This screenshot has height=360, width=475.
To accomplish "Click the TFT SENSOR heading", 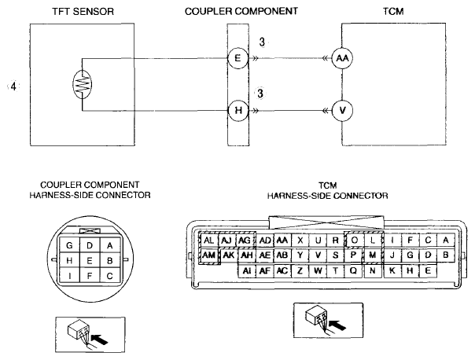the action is click(x=83, y=12).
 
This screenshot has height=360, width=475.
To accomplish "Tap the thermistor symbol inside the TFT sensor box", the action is click(x=82, y=84).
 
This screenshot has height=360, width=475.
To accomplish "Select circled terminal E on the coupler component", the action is click(x=237, y=58).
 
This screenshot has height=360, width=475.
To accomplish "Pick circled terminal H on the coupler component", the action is click(x=238, y=110).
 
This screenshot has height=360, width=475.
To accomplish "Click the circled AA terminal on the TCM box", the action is click(x=342, y=58).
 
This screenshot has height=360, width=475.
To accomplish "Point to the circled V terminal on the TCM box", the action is click(x=342, y=111).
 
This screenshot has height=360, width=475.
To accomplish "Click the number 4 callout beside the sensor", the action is click(x=13, y=86).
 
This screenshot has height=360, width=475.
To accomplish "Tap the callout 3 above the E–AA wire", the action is click(x=262, y=42).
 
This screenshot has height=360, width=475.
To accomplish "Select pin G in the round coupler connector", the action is click(x=69, y=245).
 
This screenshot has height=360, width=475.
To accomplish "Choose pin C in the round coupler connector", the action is click(x=109, y=276).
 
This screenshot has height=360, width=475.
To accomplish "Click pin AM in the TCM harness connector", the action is click(x=208, y=255).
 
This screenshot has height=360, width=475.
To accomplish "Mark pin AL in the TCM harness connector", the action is click(x=208, y=241).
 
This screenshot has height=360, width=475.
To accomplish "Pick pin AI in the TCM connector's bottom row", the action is click(x=247, y=270).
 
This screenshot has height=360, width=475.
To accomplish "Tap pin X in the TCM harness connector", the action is click(x=300, y=241).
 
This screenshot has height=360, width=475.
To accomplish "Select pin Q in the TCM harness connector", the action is click(x=353, y=270).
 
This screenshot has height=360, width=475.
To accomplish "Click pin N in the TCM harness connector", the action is click(x=373, y=270).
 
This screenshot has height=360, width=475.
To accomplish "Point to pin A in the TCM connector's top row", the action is click(x=446, y=241).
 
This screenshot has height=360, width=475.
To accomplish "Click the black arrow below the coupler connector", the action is click(x=100, y=339).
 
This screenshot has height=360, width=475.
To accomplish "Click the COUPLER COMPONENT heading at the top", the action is click(x=241, y=12).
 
